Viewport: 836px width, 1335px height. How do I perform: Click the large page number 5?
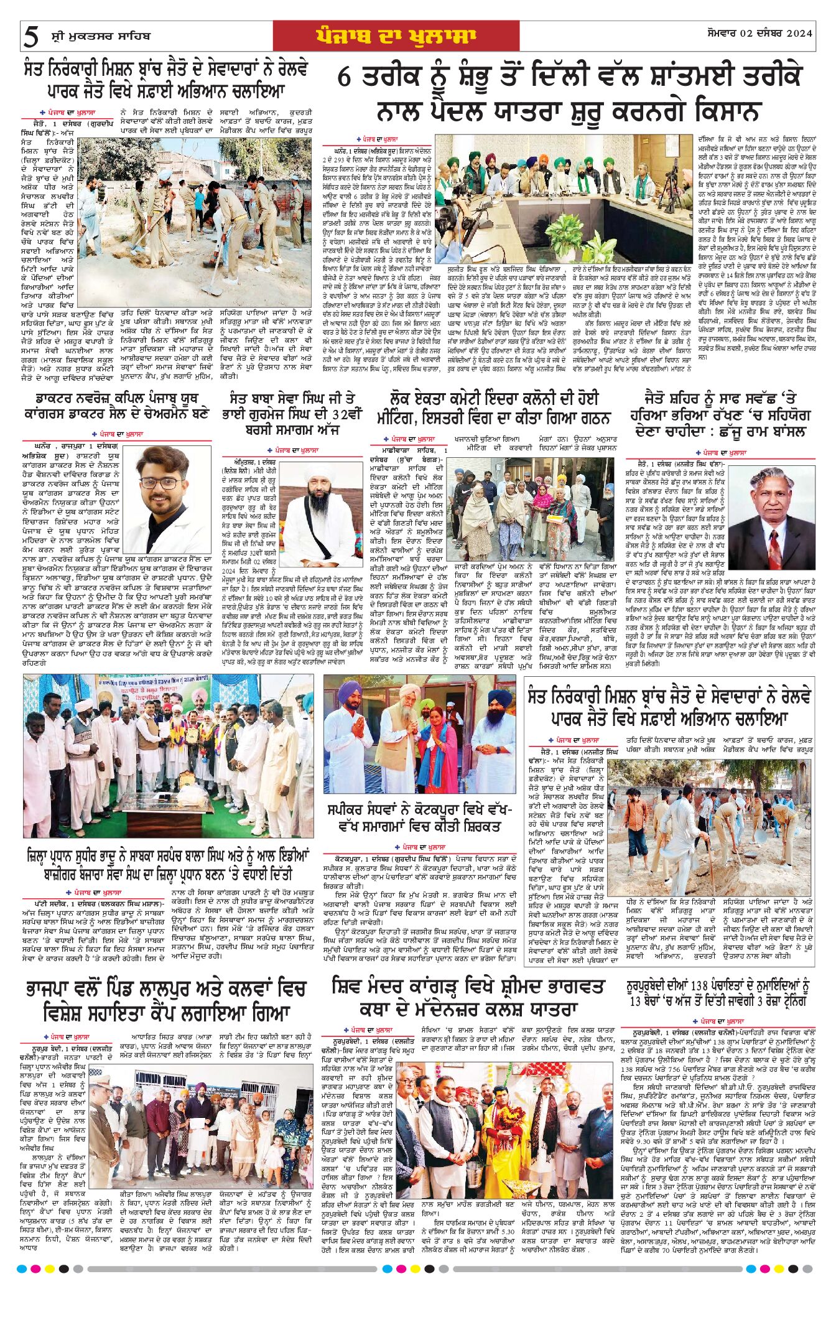point(30,37)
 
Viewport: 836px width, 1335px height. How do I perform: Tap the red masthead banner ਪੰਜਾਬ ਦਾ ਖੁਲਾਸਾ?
point(396,36)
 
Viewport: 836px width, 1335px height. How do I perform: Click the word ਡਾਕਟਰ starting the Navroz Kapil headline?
point(60,398)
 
